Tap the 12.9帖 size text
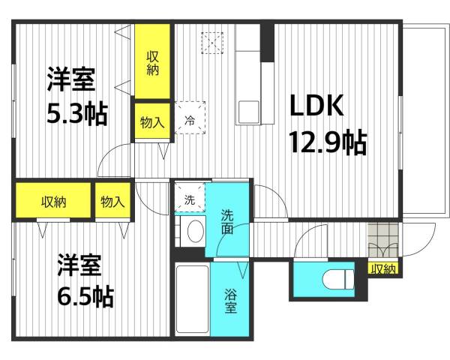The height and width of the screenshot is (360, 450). (328, 142)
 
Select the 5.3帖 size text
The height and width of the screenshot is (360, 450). (76, 114)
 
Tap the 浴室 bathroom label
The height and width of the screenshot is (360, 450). (230, 300)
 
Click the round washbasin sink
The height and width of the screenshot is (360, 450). (194, 232)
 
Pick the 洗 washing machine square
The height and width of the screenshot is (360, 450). (189, 199)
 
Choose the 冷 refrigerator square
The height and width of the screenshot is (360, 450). (189, 118)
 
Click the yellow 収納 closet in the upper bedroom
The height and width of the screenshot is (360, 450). (152, 62)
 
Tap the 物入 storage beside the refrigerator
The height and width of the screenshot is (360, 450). (152, 122)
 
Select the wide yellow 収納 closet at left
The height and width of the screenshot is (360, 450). (52, 201)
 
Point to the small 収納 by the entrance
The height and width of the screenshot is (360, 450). (383, 267)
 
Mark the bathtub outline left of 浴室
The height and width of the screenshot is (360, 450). (191, 298)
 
